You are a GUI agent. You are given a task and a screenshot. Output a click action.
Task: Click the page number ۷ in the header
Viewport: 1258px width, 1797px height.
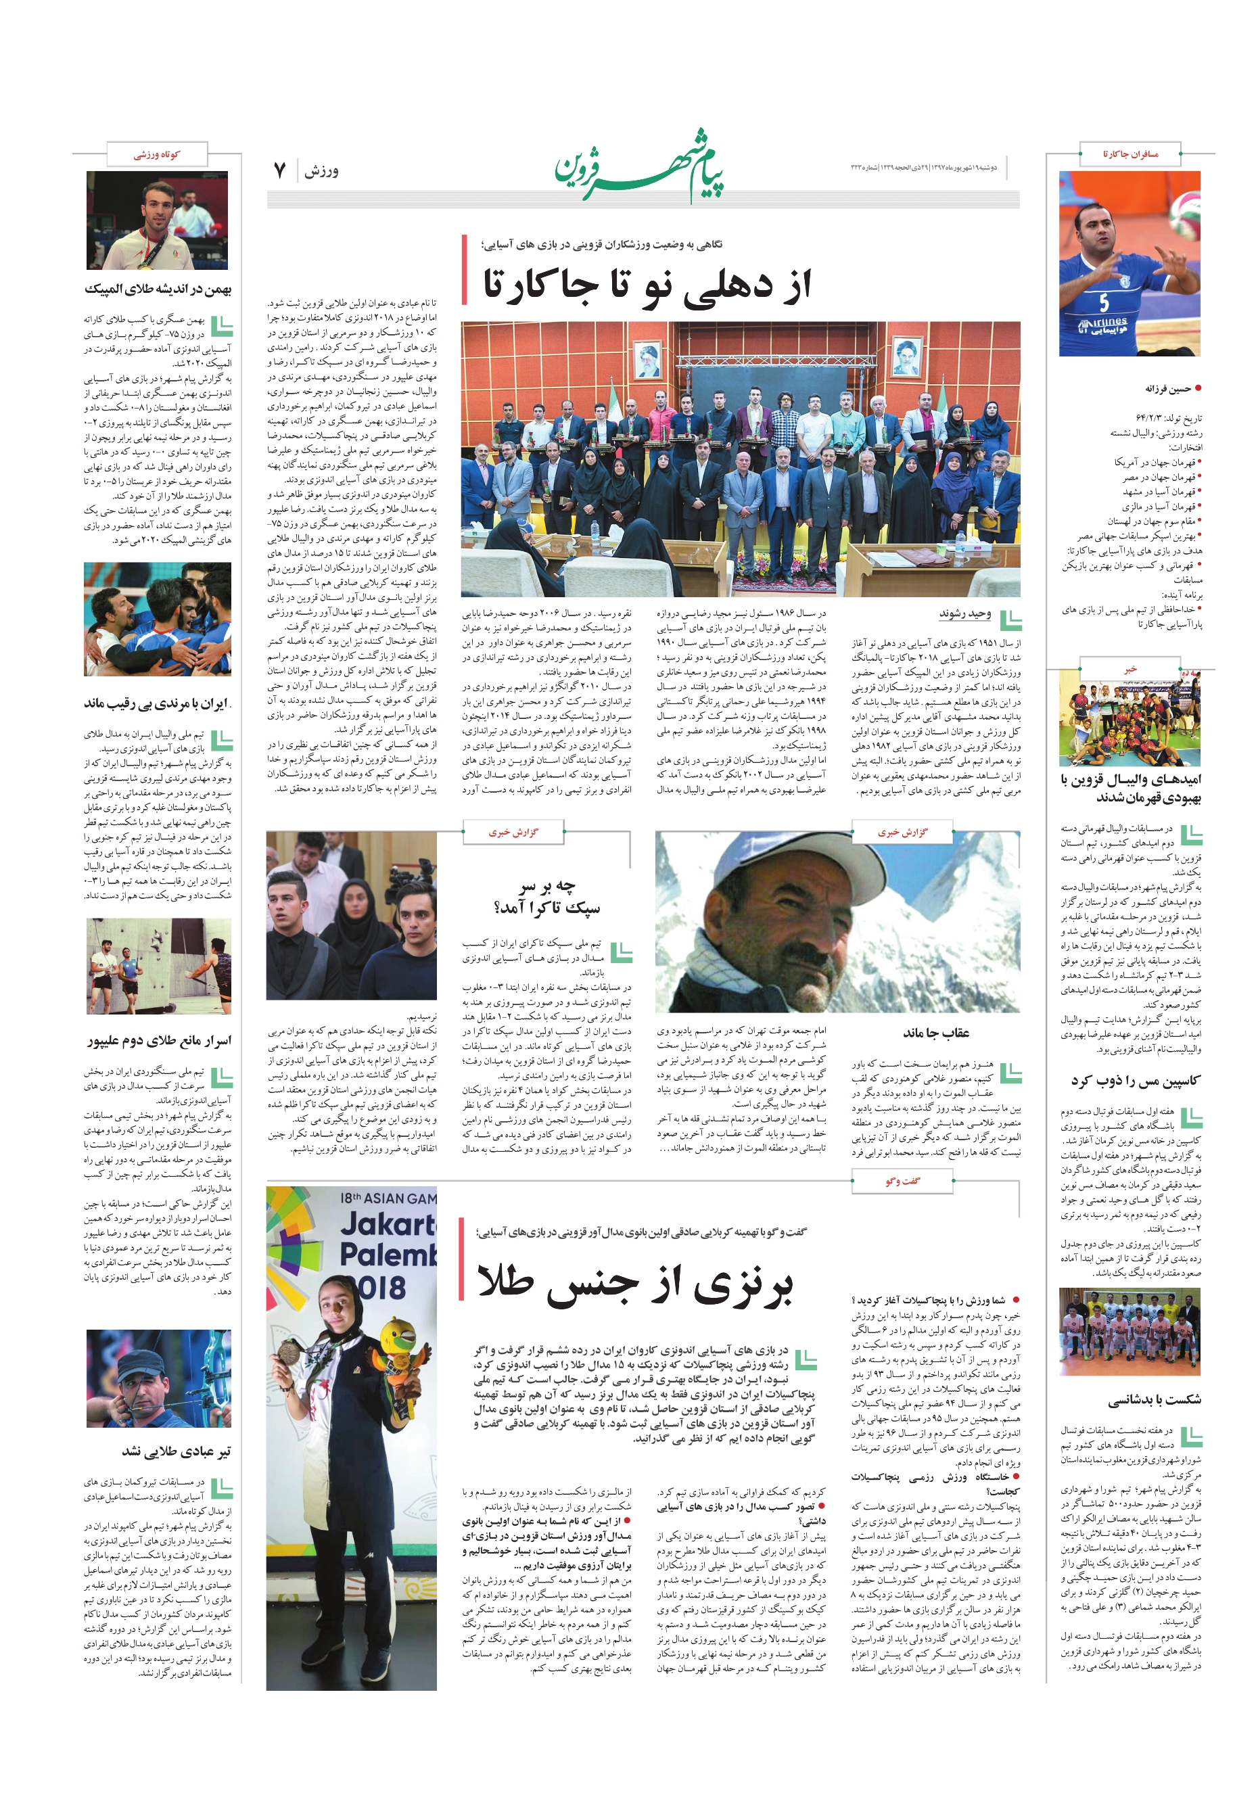point(279,170)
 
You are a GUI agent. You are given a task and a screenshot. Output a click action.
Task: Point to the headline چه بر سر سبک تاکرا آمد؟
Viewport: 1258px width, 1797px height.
point(546,897)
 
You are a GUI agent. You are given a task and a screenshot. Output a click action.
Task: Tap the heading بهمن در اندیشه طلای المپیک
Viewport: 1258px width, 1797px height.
point(158,289)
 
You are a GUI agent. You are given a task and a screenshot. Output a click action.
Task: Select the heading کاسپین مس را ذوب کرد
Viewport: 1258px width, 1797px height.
point(1135,1081)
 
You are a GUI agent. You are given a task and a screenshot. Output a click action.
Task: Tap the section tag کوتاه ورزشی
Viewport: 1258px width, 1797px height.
point(156,154)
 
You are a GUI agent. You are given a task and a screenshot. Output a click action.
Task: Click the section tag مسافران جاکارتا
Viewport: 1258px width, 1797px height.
point(1129,154)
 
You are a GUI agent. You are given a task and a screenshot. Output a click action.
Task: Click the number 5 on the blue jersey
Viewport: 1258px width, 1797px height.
point(1103,302)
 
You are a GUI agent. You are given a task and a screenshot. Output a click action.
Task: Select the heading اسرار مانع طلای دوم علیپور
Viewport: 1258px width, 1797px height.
point(160,1041)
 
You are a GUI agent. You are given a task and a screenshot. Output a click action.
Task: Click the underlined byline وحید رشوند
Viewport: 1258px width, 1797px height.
point(964,614)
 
